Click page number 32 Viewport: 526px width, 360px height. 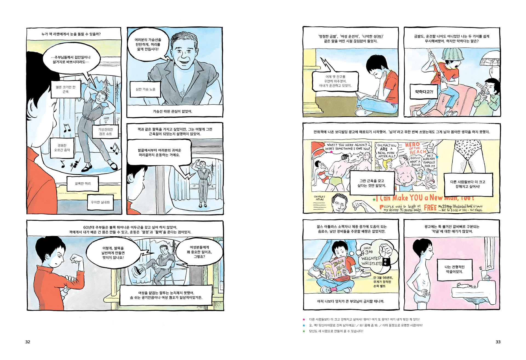tap(28, 342)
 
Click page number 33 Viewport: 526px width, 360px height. tap(498, 342)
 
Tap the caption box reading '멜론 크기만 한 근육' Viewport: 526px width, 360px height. tap(66, 89)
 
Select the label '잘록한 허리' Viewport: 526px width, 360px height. tap(83, 183)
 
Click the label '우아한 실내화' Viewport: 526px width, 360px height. tap(100, 202)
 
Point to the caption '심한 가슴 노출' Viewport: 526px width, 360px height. tap(145, 89)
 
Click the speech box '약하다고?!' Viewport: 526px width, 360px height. tap(424, 92)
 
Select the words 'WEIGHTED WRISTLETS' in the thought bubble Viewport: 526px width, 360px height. tap(371, 261)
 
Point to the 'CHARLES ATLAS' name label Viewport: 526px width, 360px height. tap(319, 198)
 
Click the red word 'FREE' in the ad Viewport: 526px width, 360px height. tap(430, 208)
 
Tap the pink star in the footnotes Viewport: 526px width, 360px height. tap(304, 319)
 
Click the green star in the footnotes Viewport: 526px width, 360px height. tap(304, 331)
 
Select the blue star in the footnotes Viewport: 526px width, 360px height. tap(304, 325)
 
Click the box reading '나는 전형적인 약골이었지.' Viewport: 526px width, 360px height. tap(454, 270)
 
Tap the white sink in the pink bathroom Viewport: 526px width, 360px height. tap(474, 291)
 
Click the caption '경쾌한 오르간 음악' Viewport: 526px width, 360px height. tap(62, 148)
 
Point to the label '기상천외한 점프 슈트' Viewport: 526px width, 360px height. tap(106, 132)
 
